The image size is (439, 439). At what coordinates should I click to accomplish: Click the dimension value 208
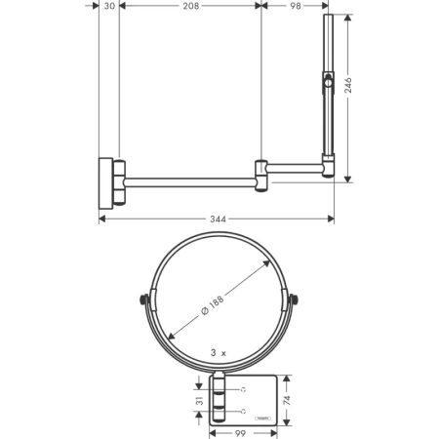pyautogui.click(x=191, y=6)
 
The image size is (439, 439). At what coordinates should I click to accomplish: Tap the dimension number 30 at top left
pyautogui.click(x=109, y=6)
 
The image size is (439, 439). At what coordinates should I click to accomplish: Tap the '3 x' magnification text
pyautogui.click(x=218, y=351)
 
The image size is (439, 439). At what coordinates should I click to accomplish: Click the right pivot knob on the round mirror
pyautogui.click(x=291, y=299)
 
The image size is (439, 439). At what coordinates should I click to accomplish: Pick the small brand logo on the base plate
pyautogui.click(x=261, y=418)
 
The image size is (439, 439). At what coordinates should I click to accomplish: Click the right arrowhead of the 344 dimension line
pyautogui.click(x=332, y=219)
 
